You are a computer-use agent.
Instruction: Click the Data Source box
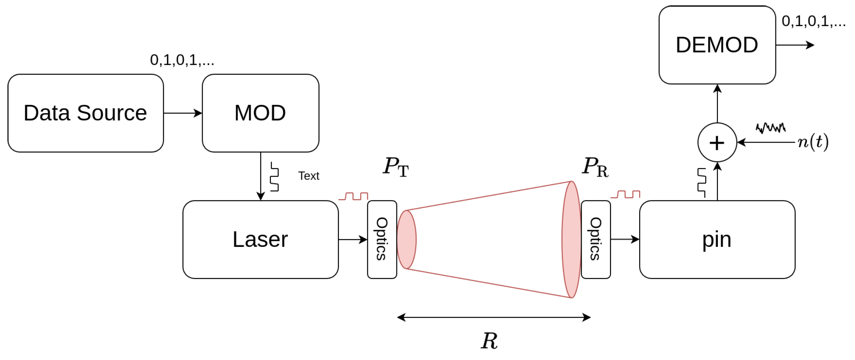pyautogui.click(x=85, y=113)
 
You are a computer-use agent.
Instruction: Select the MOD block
pyautogui.click(x=260, y=113)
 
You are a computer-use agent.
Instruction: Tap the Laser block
pyautogui.click(x=260, y=239)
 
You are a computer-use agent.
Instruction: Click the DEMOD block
pyautogui.click(x=717, y=45)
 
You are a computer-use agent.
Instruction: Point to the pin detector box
pyautogui.click(x=717, y=239)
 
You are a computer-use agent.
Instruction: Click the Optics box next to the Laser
pyautogui.click(x=382, y=239)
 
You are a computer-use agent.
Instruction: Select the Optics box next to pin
pyautogui.click(x=595, y=239)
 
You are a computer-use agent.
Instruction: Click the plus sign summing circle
pyautogui.click(x=717, y=143)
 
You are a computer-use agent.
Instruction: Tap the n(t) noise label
pyautogui.click(x=813, y=142)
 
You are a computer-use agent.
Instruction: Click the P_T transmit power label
pyautogui.click(x=396, y=167)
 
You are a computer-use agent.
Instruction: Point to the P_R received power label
pyautogui.click(x=595, y=167)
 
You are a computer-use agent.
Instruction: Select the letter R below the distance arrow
pyautogui.click(x=489, y=341)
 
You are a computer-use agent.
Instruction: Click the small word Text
pyautogui.click(x=309, y=176)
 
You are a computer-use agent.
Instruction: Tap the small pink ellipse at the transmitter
pyautogui.click(x=406, y=239)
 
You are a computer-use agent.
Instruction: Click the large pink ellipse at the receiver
pyautogui.click(x=571, y=239)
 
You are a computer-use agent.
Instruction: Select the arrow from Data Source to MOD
pyautogui.click(x=183, y=113)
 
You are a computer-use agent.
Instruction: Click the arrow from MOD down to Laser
pyautogui.click(x=261, y=176)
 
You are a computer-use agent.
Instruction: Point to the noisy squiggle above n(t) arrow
pyautogui.click(x=770, y=128)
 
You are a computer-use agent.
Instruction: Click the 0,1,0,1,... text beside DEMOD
pyautogui.click(x=813, y=22)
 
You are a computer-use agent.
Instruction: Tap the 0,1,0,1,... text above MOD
pyautogui.click(x=182, y=60)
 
